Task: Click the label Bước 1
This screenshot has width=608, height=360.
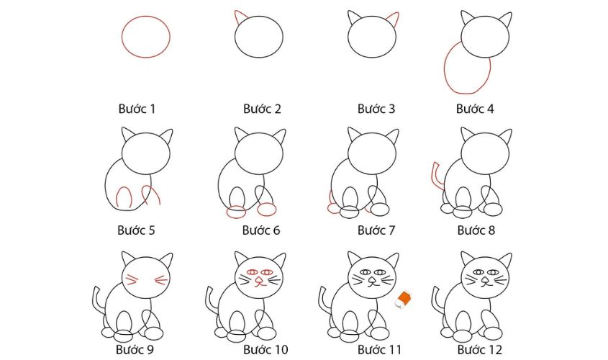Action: (x=137, y=109)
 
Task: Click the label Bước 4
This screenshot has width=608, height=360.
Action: (x=475, y=109)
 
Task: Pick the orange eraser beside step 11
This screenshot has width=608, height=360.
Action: (x=403, y=300)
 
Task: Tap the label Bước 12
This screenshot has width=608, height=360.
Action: (x=480, y=349)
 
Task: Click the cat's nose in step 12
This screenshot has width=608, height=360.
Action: (x=486, y=280)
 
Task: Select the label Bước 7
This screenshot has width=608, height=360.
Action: (x=376, y=230)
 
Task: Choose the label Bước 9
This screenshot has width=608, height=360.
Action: (x=135, y=349)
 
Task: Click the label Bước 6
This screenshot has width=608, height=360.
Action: (x=261, y=230)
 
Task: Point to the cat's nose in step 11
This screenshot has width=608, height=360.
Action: (x=372, y=280)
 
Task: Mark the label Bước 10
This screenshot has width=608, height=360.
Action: (x=266, y=349)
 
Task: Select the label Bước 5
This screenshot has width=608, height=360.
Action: (x=136, y=230)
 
